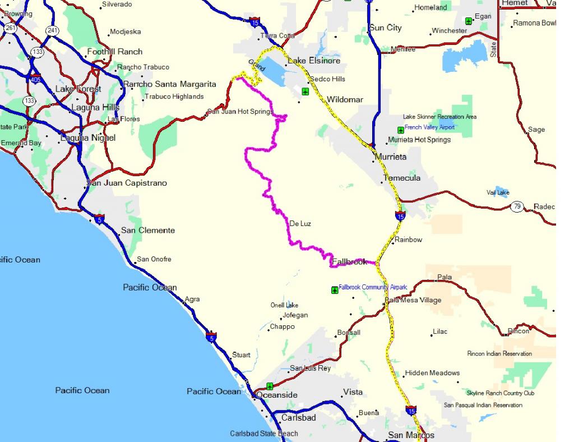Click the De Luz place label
pyautogui.click(x=300, y=223)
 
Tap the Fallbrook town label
pyautogui.click(x=349, y=261)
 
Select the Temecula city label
pyautogui.click(x=401, y=178)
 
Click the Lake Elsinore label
pyautogui.click(x=313, y=61)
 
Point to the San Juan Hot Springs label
pyautogui.click(x=240, y=112)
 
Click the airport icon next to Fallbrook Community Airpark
pyautogui.click(x=335, y=290)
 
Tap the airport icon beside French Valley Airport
pyautogui.click(x=400, y=130)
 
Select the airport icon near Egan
pyautogui.click(x=469, y=21)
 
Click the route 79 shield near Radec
pyautogui.click(x=517, y=207)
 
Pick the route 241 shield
pyautogui.click(x=53, y=30)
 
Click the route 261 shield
pyautogui.click(x=10, y=27)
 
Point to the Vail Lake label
pyautogui.click(x=498, y=192)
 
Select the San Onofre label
pyautogui.click(x=154, y=259)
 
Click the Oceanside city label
pyautogui.click(x=277, y=395)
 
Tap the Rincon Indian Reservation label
pyautogui.click(x=499, y=353)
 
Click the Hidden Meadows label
pyautogui.click(x=432, y=372)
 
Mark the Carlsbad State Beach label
pyautogui.click(x=264, y=433)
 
